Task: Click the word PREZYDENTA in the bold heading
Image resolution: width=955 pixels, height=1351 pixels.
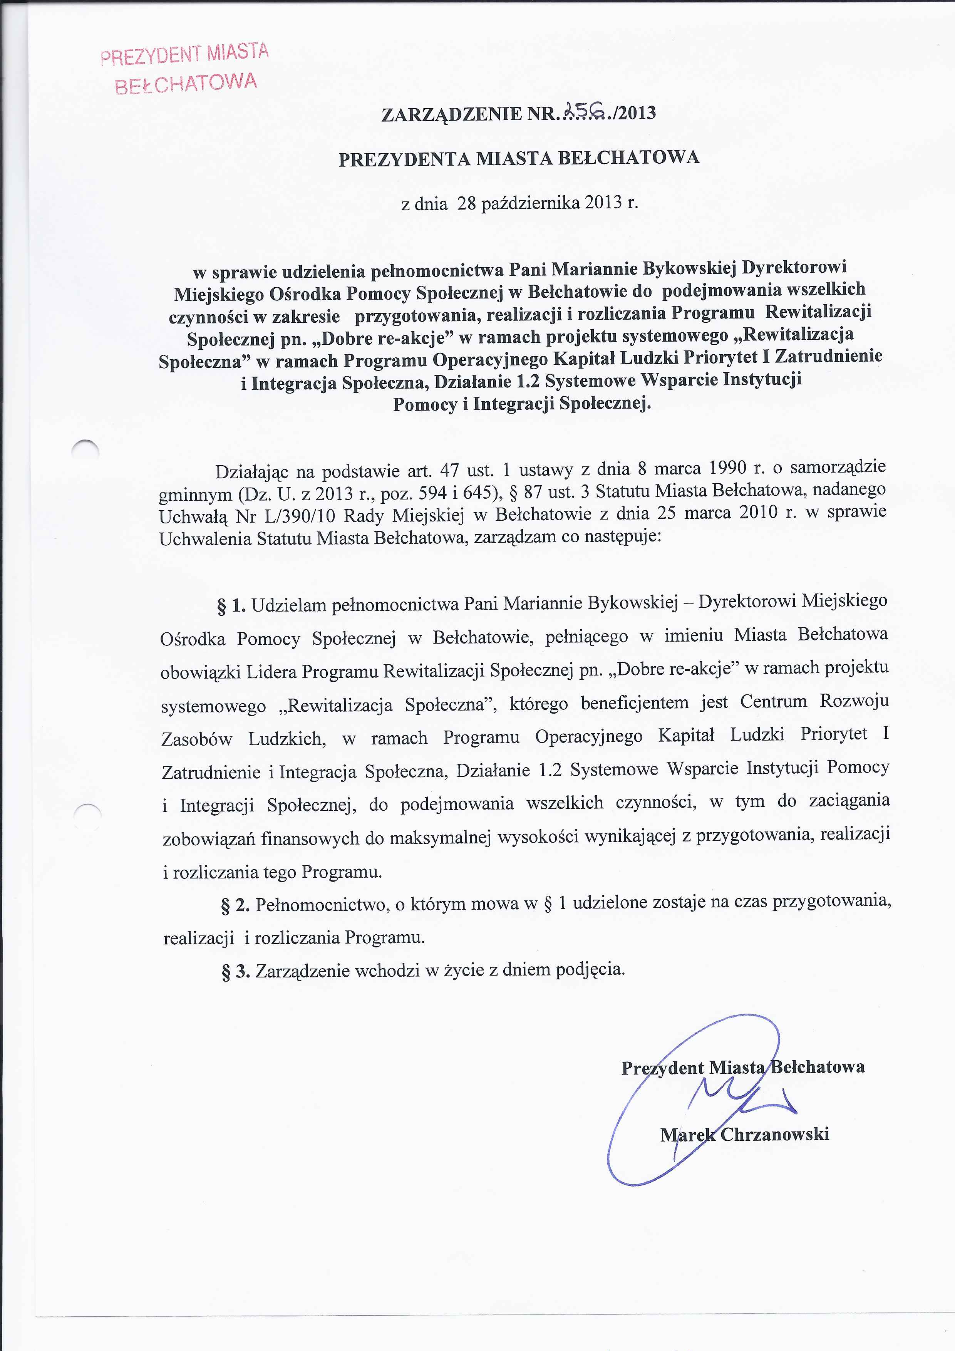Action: pyautogui.click(x=404, y=159)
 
